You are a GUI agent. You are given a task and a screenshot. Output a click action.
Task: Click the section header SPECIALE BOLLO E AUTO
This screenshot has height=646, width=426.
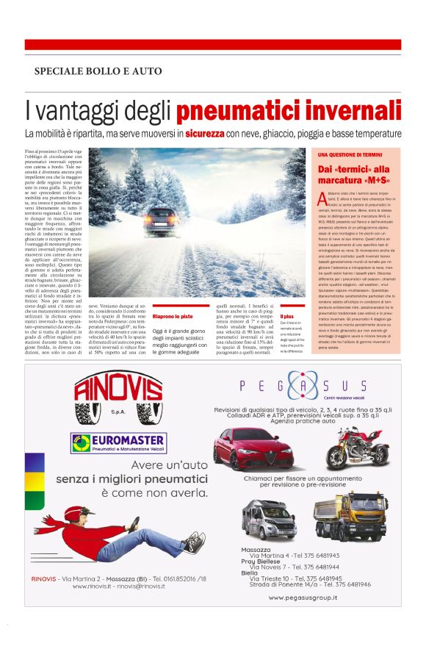point(98,71)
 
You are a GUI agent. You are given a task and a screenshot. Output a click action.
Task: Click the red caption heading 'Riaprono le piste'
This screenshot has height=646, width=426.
point(173,316)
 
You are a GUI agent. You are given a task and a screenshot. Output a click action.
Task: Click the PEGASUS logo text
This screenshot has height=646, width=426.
point(303,386)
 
